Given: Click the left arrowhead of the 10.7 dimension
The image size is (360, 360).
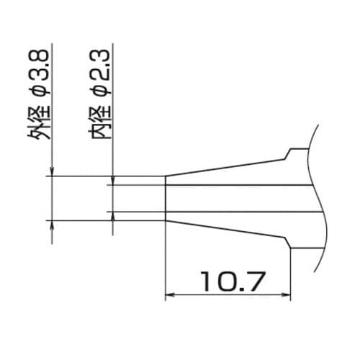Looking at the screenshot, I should [x=171, y=294].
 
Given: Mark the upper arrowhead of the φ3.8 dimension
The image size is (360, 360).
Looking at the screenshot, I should [x=52, y=172].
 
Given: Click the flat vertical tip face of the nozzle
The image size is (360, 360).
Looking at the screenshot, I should [x=166, y=197].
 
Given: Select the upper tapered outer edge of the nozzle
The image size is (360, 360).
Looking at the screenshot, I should [x=223, y=168].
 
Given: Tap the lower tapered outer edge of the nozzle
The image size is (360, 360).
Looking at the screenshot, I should [x=223, y=228].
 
